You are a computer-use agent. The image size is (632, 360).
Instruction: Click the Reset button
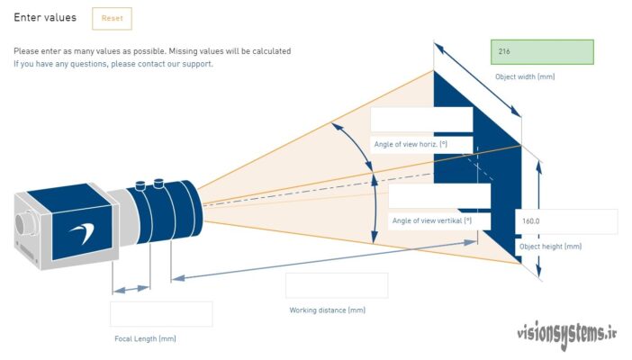[112, 18]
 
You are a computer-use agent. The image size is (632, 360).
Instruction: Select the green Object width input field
[542, 51]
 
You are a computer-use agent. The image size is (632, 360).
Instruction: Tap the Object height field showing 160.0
[566, 221]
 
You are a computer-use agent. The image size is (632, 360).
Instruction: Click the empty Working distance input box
[337, 285]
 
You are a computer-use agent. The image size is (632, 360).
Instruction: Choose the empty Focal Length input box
[161, 314]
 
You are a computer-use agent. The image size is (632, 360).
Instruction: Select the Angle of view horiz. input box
[421, 120]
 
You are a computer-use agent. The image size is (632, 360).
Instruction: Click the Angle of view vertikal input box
[439, 196]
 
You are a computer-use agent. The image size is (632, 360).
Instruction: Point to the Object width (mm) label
[525, 76]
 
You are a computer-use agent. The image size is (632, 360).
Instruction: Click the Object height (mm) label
[550, 247]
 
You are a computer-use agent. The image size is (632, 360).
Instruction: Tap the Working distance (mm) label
[327, 310]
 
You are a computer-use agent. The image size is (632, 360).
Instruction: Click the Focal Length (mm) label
[145, 339]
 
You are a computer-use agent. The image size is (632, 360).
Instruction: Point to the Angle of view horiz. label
[410, 144]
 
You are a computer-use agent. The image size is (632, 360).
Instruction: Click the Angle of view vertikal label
[430, 220]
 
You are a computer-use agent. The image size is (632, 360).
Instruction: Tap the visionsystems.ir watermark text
[566, 334]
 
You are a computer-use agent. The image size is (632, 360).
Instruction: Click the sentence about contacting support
[113, 64]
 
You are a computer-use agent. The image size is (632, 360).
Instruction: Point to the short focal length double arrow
[131, 289]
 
